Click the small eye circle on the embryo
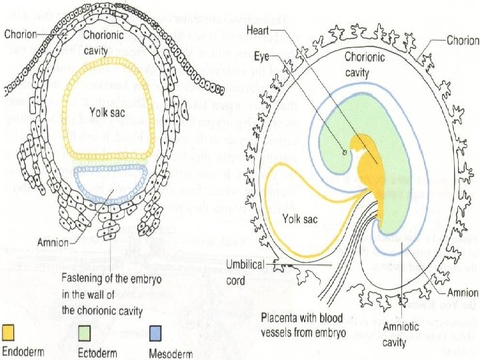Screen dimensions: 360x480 pyautogui.click(x=343, y=152)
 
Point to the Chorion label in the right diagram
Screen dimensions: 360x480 pyautogui.click(x=462, y=40)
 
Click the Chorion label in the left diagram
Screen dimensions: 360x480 pyautogui.click(x=22, y=34)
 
